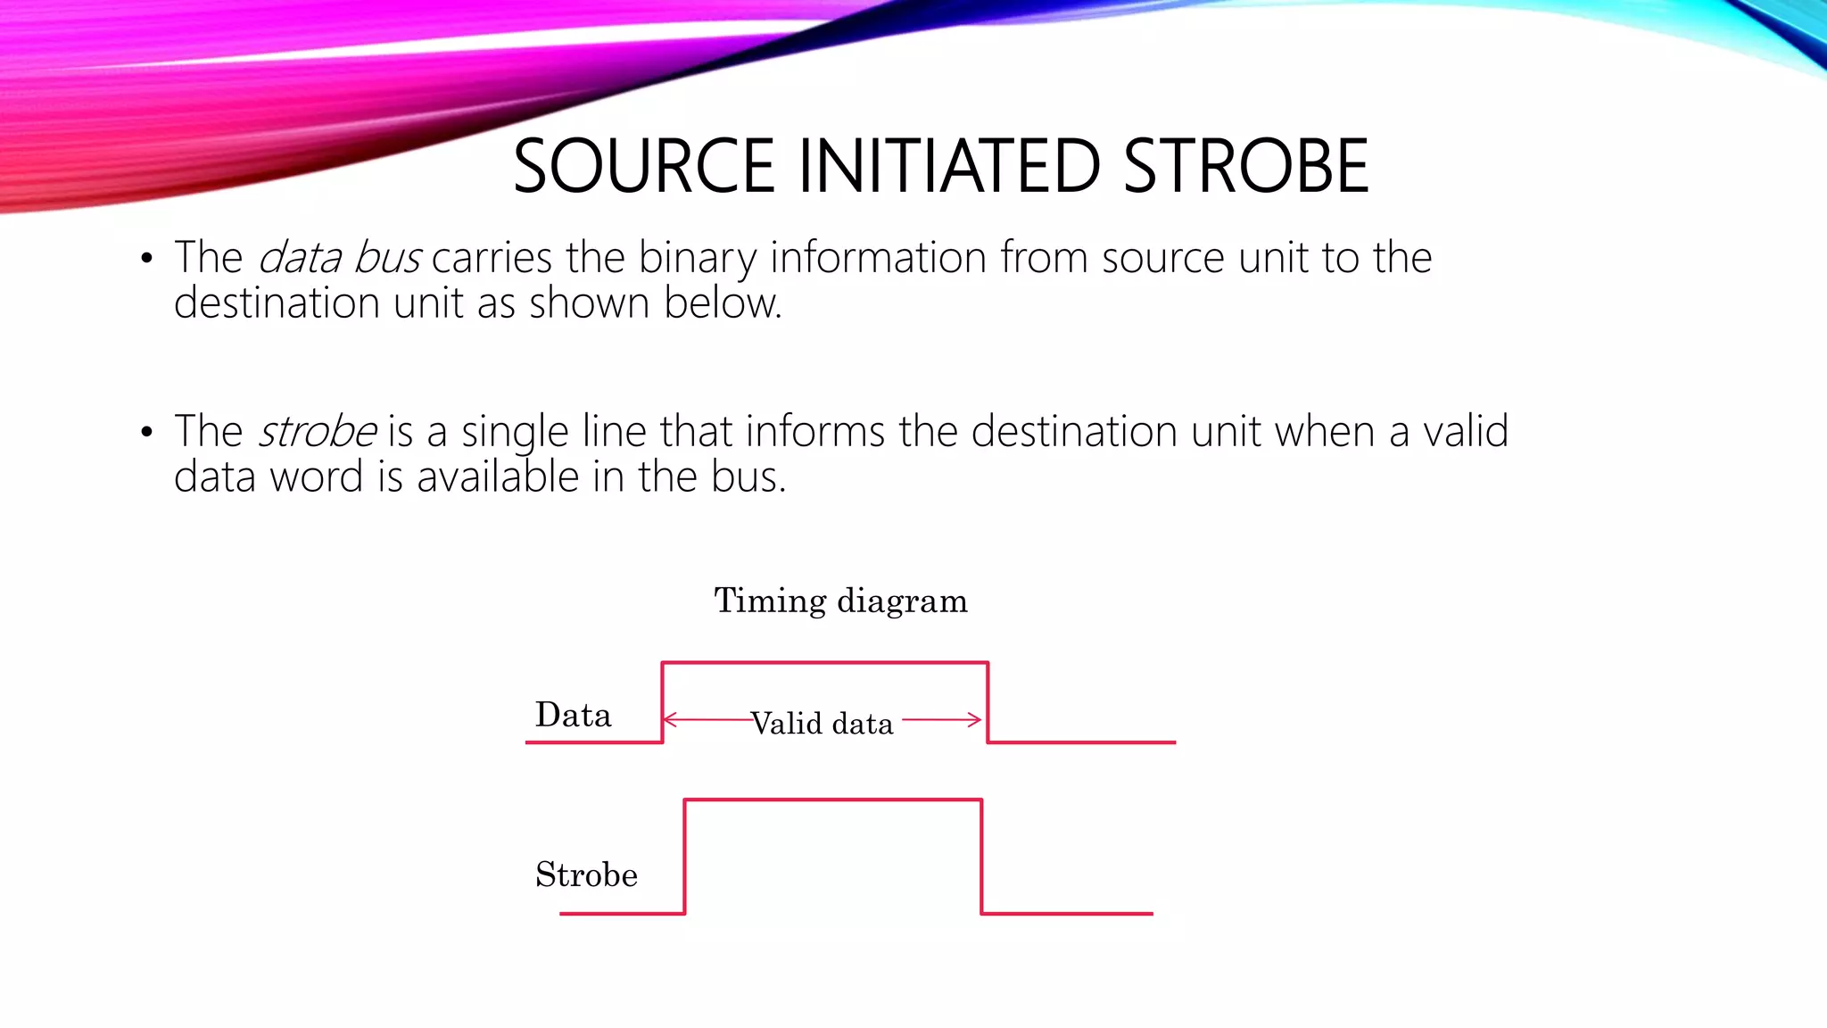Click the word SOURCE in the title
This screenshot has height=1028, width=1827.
tap(643, 167)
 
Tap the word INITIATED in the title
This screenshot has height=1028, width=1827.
tap(948, 167)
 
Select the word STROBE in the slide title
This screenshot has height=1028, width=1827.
tap(1245, 167)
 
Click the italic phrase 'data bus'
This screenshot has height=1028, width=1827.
tap(339, 258)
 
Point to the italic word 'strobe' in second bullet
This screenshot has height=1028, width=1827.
tap(318, 432)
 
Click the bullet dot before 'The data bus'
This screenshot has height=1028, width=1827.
tap(147, 260)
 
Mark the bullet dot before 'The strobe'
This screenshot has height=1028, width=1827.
tap(147, 433)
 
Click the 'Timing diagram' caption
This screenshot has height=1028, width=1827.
tap(840, 601)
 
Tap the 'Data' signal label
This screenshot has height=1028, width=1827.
tap(573, 716)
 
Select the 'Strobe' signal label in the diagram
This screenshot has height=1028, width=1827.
tap(586, 875)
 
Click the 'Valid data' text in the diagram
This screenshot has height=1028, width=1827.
tap(822, 724)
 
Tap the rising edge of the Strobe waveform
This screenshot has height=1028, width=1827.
tap(684, 857)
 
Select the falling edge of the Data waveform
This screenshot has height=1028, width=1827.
tap(988, 702)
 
